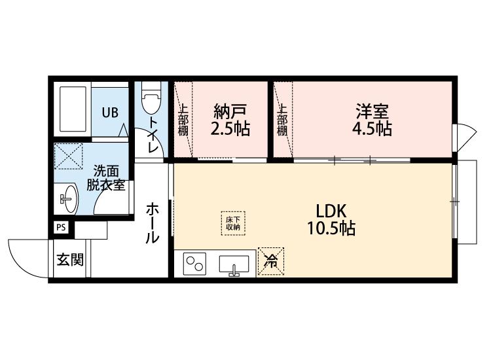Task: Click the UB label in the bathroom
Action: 110,112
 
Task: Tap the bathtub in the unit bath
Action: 73,109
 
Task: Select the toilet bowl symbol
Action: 151,98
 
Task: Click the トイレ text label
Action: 153,135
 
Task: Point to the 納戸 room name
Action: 230,111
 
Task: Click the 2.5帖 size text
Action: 230,128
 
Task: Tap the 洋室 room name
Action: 372,111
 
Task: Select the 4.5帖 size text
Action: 372,128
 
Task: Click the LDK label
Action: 331,211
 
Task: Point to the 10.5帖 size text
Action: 331,228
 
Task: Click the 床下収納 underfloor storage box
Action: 233,223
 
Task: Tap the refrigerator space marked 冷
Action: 271,261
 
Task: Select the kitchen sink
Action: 234,265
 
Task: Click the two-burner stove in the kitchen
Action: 194,264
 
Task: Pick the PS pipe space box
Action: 61,228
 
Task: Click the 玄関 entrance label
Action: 70,259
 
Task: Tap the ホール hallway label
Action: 153,223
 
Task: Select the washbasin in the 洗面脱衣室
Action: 68,198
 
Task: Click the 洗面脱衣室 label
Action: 106,179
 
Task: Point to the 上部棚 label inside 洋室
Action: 282,120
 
